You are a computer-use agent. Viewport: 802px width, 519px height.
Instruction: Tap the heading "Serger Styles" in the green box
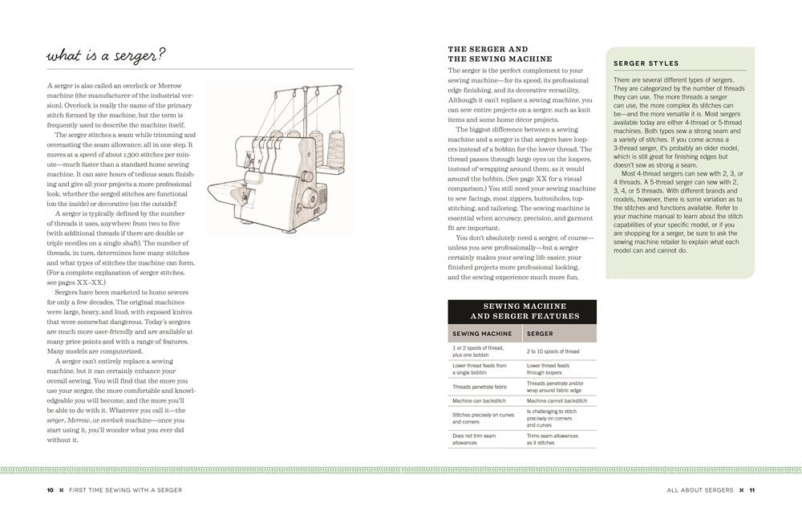646,63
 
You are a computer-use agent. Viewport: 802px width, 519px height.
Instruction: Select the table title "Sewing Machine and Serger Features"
522,311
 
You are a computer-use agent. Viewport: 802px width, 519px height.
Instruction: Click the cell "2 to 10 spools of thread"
553,351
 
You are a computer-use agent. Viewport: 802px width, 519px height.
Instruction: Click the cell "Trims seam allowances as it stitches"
554,439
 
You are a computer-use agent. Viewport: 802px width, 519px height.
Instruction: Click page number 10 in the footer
51,489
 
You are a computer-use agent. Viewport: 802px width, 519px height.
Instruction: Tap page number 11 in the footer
752,489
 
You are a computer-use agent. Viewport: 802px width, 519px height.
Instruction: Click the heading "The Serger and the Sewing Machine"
499,54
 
